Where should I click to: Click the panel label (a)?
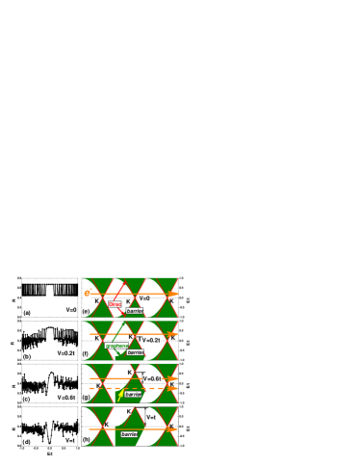pos(27,313)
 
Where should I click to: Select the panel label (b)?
pos(27,356)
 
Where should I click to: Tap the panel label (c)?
pos(27,399)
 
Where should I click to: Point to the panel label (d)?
pos(27,442)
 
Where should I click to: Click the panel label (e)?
pos(86,311)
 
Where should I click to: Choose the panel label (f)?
pos(85,354)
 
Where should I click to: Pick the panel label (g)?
pos(86,398)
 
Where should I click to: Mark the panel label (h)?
pos(86,439)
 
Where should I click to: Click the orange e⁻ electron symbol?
pos(87,293)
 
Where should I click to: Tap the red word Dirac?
pos(115,304)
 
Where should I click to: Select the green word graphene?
pos(116,346)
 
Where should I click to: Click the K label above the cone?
pos(129,411)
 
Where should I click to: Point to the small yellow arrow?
pos(120,395)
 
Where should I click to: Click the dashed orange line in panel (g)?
pos(135,388)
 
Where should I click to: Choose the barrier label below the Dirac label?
pos(135,311)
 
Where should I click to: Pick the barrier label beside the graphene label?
pos(136,352)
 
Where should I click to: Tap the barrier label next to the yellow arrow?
pos(133,395)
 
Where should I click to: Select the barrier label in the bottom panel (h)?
pos(129,434)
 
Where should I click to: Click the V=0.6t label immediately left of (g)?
pos(65,398)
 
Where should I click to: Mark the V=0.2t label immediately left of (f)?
pos(65,353)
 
